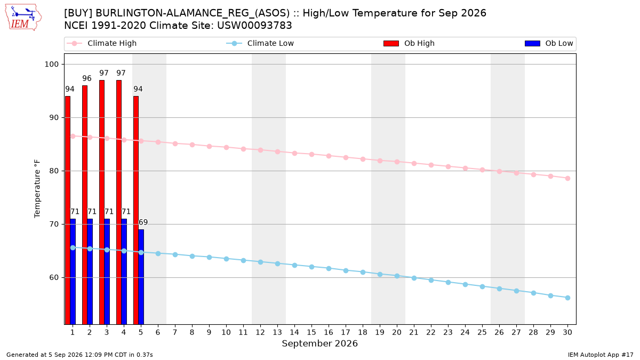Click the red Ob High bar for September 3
102,202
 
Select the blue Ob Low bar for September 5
141,277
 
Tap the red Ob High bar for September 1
68,210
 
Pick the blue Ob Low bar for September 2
90,271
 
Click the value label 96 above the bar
87,78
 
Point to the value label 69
143,222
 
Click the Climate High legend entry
102,43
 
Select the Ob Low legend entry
549,43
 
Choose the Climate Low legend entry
260,43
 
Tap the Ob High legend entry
409,43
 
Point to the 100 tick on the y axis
51,65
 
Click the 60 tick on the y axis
54,278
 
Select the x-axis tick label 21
414,332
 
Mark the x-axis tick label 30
567,332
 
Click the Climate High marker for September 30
567,179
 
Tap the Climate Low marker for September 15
311,267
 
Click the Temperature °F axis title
37,189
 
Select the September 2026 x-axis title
319,343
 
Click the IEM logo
23,18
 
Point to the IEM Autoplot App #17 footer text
601,355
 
